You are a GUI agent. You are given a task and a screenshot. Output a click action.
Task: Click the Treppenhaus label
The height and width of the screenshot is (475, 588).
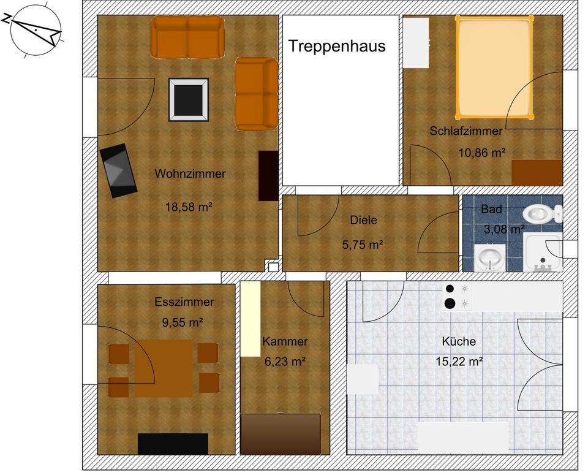pyautogui.click(x=337, y=46)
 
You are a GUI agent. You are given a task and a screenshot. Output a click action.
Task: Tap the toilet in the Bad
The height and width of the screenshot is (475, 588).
pyautogui.click(x=541, y=214)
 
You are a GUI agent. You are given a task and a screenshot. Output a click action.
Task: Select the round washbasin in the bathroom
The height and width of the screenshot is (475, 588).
pyautogui.click(x=489, y=257)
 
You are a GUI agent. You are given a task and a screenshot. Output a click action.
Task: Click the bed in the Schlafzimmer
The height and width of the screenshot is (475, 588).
pyautogui.click(x=494, y=67)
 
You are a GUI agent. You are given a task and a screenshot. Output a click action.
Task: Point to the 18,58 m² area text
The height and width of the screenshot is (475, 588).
pyautogui.click(x=189, y=207)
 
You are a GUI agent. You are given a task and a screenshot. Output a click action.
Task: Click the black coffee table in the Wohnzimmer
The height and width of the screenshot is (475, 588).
pyautogui.click(x=189, y=99)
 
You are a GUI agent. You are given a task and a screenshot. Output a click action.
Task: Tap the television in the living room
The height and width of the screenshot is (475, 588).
pyautogui.click(x=119, y=170)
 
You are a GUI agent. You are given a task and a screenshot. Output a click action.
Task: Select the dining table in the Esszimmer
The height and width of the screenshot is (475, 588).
pyautogui.click(x=164, y=368)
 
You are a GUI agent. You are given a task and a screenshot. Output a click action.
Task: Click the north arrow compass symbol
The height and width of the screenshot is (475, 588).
pyautogui.click(x=36, y=31)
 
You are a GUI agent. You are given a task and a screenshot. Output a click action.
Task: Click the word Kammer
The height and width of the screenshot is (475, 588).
pyautogui.click(x=285, y=341)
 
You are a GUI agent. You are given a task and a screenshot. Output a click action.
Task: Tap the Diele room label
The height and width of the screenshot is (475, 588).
pyautogui.click(x=363, y=221)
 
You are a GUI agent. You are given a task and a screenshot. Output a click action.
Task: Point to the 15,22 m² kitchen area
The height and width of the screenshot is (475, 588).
pyautogui.click(x=459, y=362)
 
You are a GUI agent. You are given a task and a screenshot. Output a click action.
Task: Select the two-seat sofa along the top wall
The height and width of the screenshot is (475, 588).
pyautogui.click(x=187, y=37)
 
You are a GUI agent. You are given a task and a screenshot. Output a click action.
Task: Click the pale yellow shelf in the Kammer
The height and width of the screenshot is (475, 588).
pyautogui.click(x=251, y=319)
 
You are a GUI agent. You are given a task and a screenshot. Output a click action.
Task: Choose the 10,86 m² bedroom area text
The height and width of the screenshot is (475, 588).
pyautogui.click(x=482, y=153)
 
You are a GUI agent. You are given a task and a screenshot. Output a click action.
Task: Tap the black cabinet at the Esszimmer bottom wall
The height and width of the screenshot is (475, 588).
pyautogui.click(x=173, y=444)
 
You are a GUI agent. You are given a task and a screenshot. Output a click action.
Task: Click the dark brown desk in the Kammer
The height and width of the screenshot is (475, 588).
pyautogui.click(x=281, y=434)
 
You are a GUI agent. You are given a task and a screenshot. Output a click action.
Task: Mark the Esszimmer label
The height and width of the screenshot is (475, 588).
pyautogui.click(x=184, y=302)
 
